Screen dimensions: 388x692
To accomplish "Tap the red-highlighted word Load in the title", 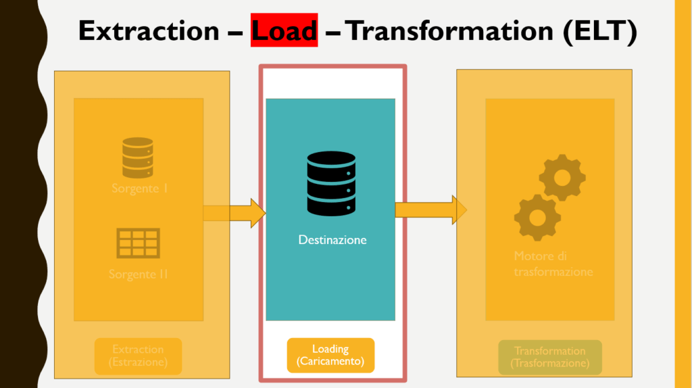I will (284, 31).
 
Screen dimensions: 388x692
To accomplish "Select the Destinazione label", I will (332, 240).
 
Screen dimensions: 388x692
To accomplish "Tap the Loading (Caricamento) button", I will (330, 356).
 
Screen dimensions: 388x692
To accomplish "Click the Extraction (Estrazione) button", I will (138, 356).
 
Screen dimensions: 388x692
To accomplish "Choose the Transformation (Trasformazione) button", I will (549, 357).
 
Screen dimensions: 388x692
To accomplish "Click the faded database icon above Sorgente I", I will (138, 157).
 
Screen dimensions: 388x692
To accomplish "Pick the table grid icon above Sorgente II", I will (138, 243).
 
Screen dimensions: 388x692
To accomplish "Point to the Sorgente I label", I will (140, 189).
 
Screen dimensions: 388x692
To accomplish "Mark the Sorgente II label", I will (139, 274).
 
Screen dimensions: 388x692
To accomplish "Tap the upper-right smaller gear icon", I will (562, 177).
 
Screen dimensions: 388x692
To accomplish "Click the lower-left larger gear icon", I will (537, 218).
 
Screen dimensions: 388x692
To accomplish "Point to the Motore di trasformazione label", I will (553, 264).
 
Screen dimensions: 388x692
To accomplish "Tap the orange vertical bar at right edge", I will (683, 194).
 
